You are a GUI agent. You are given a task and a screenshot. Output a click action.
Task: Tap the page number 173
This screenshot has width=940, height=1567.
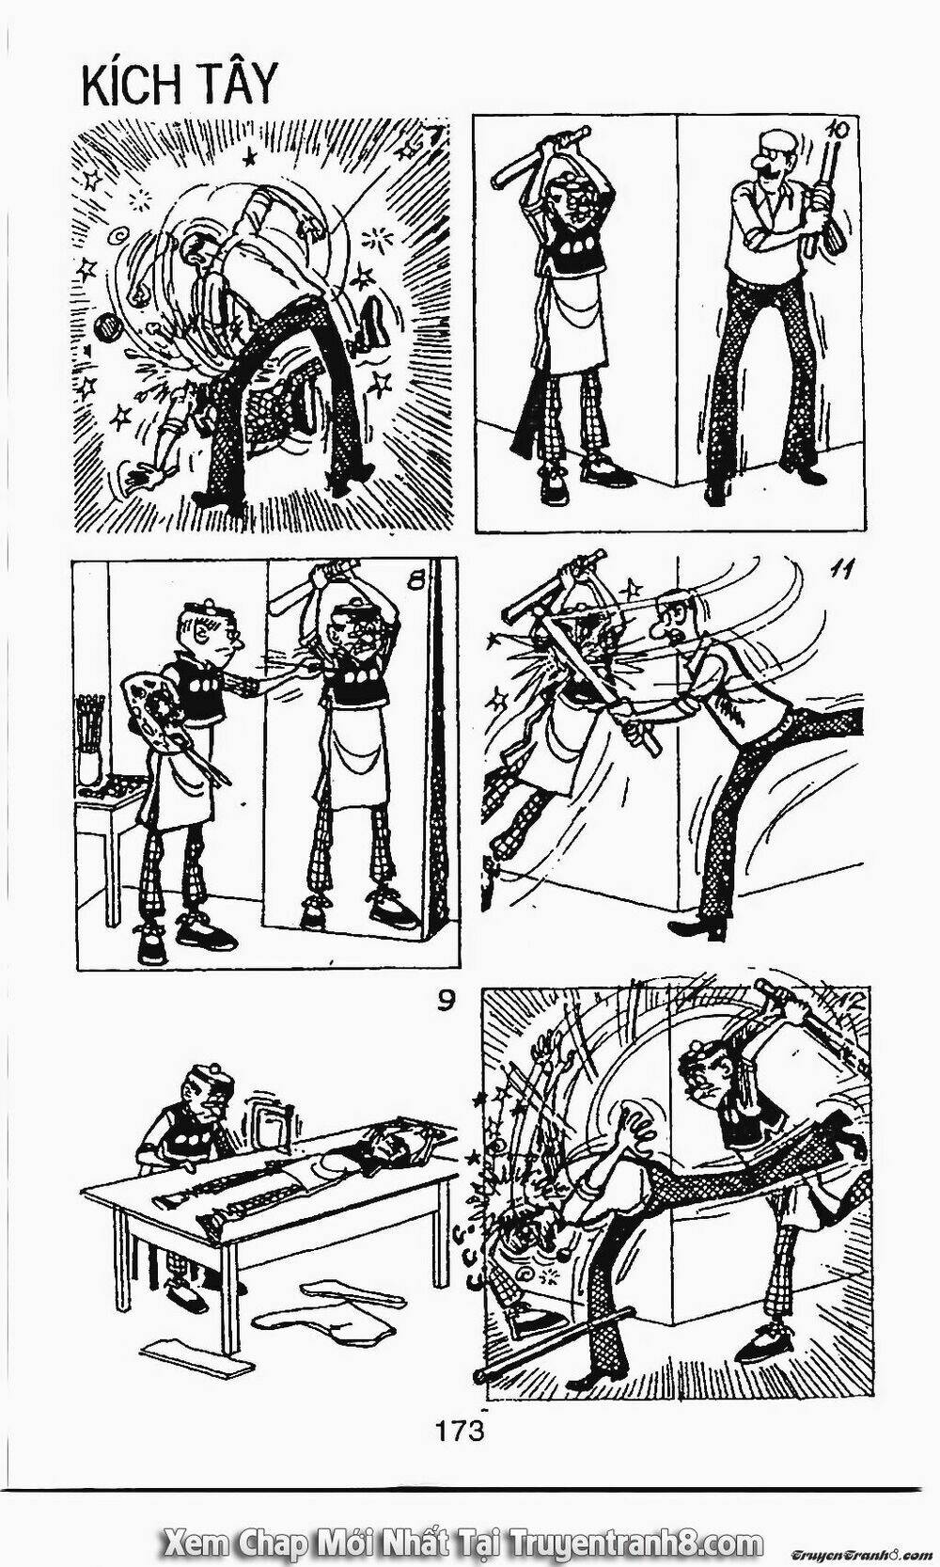point(459,1408)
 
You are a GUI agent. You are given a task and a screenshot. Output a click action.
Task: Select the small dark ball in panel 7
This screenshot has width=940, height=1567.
point(109,325)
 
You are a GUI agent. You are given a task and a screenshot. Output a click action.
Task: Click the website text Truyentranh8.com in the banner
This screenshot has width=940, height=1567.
point(635,1537)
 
